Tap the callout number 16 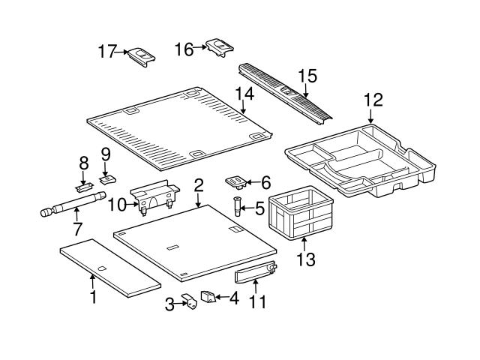pyautogui.click(x=184, y=49)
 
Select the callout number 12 pyautogui.click(x=373, y=100)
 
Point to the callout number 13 pyautogui.click(x=305, y=260)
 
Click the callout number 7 pyautogui.click(x=76, y=227)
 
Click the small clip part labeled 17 pyautogui.click(x=142, y=55)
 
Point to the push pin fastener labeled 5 pyautogui.click(x=238, y=205)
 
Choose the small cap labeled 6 pyautogui.click(x=235, y=181)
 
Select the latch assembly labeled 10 pyautogui.click(x=154, y=196)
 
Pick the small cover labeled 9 pyautogui.click(x=108, y=178)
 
